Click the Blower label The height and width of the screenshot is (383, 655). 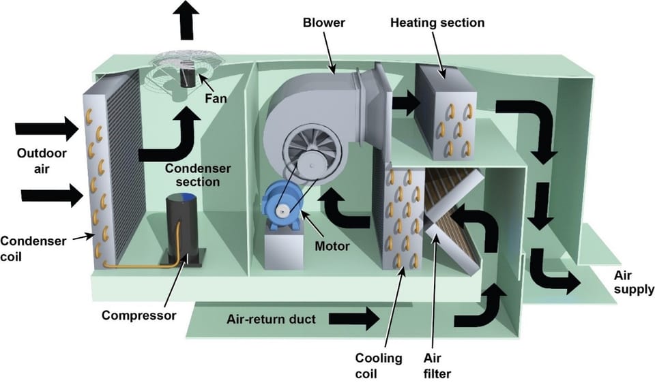click(x=324, y=22)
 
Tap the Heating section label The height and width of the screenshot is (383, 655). click(x=437, y=22)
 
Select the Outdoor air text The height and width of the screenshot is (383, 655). click(x=33, y=161)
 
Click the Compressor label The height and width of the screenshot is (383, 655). click(x=139, y=316)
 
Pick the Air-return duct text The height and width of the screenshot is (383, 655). click(x=271, y=318)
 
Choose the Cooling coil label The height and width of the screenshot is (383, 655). click(x=378, y=365)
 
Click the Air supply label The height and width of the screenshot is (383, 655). click(x=629, y=282)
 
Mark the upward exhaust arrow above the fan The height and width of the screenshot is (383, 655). click(x=186, y=19)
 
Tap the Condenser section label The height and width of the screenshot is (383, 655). click(x=196, y=174)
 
